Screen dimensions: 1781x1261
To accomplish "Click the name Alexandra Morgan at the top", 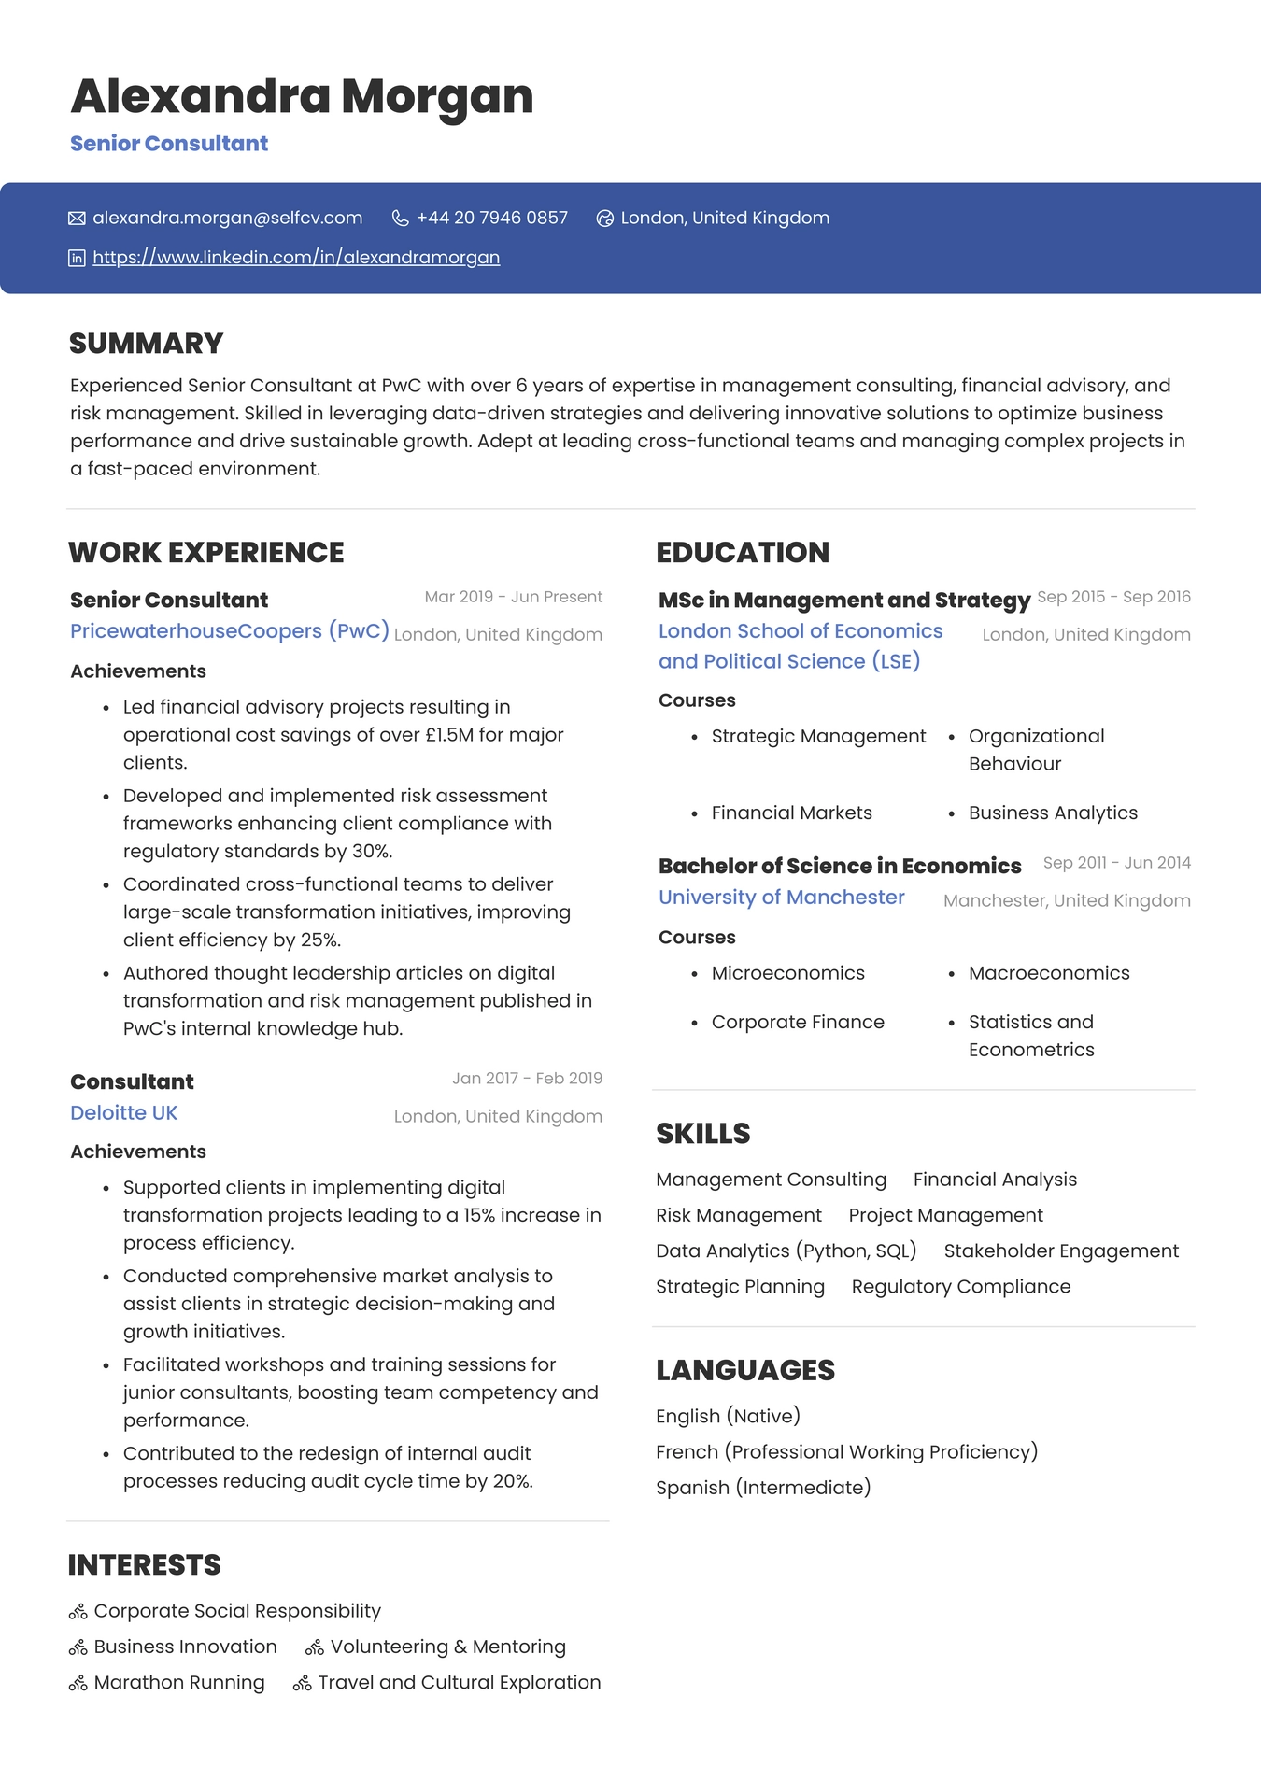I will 302,96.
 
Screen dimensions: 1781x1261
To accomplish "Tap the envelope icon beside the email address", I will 77,219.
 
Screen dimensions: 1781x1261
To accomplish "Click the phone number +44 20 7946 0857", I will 491,218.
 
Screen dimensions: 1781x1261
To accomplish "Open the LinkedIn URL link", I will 296,258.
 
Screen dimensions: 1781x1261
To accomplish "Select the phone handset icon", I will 400,219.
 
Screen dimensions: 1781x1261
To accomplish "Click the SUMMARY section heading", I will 147,344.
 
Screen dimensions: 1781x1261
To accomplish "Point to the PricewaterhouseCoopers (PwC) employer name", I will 229,631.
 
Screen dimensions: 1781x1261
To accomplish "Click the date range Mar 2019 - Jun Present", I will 513,597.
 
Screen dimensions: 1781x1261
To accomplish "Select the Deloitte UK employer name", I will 123,1113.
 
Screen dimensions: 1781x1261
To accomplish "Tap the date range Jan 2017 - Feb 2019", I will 527,1079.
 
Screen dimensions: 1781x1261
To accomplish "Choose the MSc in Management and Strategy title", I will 843,600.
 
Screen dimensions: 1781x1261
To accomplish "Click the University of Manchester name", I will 781,898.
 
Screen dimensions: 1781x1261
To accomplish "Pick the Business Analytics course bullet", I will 1053,813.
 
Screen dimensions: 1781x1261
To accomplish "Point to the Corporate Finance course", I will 797,1023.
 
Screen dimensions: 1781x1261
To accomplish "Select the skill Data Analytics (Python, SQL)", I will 786,1251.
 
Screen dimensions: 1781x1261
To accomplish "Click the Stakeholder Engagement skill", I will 1061,1251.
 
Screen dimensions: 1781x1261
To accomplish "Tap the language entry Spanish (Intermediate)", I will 762,1488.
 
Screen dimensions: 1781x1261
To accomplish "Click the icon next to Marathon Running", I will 78,1684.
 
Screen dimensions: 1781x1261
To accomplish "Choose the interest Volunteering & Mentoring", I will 447,1647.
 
